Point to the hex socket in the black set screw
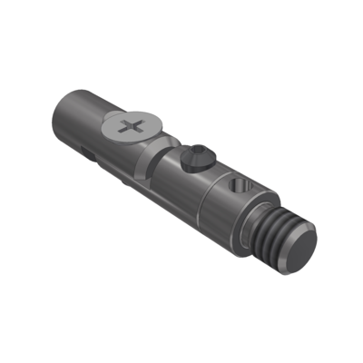pyautogui.click(x=198, y=155)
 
